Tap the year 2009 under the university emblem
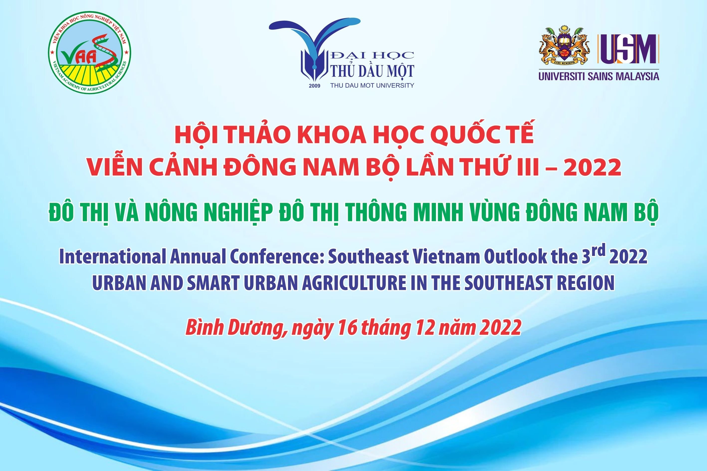[x=314, y=86]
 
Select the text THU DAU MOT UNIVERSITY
[x=372, y=85]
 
